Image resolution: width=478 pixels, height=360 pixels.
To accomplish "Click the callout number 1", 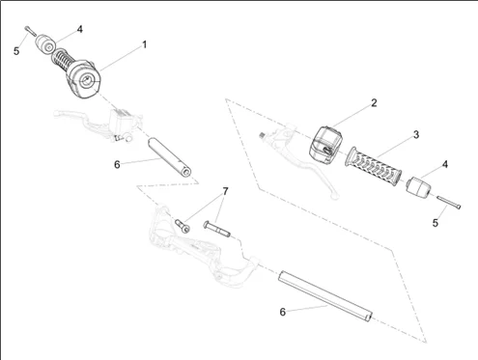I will coord(145,44).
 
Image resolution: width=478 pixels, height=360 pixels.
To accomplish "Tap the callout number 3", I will coord(415,134).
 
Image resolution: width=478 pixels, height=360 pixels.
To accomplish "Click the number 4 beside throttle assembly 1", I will coord(79,29).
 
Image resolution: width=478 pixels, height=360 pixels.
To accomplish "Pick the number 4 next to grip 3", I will coord(443,165).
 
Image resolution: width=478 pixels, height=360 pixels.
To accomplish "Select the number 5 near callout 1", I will coord(16,49).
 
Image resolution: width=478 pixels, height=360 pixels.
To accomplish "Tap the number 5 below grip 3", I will coord(435,222).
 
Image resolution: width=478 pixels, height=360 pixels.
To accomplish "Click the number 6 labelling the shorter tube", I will coord(117,164).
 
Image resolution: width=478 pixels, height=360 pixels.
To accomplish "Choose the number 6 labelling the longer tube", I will coord(282,311).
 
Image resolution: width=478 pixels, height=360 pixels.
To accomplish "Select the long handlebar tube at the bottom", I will coord(324,295).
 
